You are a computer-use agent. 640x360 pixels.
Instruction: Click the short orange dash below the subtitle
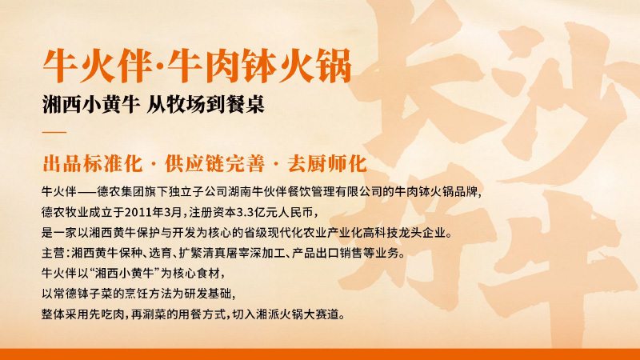click(54, 131)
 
